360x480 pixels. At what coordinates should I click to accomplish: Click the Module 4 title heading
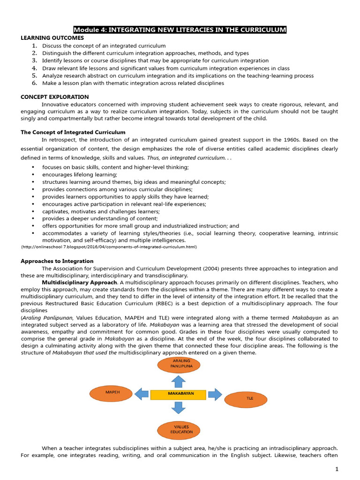(x=180, y=30)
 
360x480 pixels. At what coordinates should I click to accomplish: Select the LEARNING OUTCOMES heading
(x=52, y=38)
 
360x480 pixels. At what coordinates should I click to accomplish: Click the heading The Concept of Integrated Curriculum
(x=73, y=133)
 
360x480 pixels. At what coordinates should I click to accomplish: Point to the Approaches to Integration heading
(x=57, y=261)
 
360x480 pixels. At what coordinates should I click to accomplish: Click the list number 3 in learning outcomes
(x=34, y=60)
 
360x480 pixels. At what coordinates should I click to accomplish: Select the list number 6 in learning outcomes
(x=34, y=83)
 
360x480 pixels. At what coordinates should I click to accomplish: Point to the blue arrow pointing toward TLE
(x=215, y=394)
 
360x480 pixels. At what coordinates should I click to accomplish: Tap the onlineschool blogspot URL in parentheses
(x=109, y=247)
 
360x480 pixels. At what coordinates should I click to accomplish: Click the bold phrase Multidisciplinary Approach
(x=79, y=283)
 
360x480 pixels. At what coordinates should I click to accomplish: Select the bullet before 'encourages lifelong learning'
(x=33, y=175)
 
